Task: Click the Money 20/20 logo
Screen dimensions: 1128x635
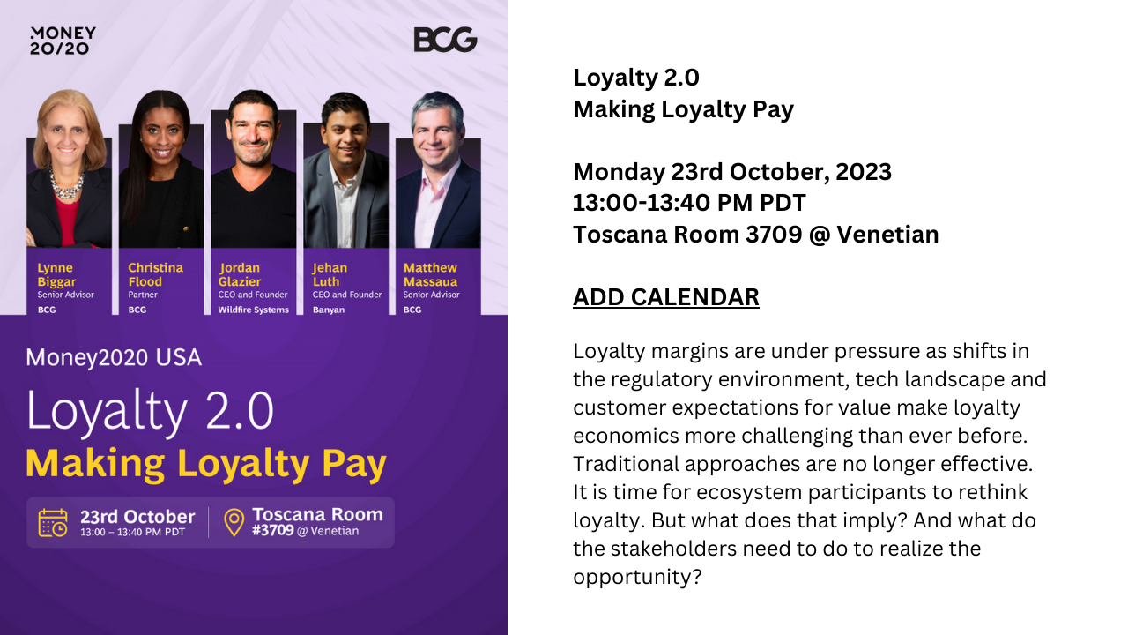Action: pyautogui.click(x=63, y=41)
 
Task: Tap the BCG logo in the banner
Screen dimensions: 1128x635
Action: pyautogui.click(x=445, y=40)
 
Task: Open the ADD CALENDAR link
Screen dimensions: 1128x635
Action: pyautogui.click(x=665, y=297)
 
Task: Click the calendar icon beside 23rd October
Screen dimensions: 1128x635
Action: pyautogui.click(x=53, y=523)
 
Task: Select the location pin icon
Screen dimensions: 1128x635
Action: pyautogui.click(x=234, y=522)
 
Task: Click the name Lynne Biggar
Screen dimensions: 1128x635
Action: pyautogui.click(x=56, y=274)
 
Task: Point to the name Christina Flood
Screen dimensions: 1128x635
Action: pyautogui.click(x=155, y=274)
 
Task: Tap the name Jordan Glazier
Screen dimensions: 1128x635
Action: pyautogui.click(x=239, y=274)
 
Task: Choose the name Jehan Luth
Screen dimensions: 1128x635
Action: pyautogui.click(x=330, y=274)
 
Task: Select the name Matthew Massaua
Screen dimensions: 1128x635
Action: pyautogui.click(x=430, y=274)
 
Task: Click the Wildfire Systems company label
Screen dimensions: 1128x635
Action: pyautogui.click(x=253, y=310)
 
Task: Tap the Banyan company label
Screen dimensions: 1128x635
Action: pyautogui.click(x=329, y=310)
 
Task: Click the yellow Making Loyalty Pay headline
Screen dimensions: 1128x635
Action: pyautogui.click(x=206, y=464)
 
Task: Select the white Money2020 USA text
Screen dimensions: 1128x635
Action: pyautogui.click(x=114, y=357)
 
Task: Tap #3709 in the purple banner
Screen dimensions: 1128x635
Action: pyautogui.click(x=273, y=530)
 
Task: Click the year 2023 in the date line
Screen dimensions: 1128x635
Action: pyautogui.click(x=864, y=172)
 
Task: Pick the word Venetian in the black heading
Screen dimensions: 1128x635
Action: pyautogui.click(x=887, y=235)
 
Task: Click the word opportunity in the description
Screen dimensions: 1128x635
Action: pyautogui.click(x=637, y=577)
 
